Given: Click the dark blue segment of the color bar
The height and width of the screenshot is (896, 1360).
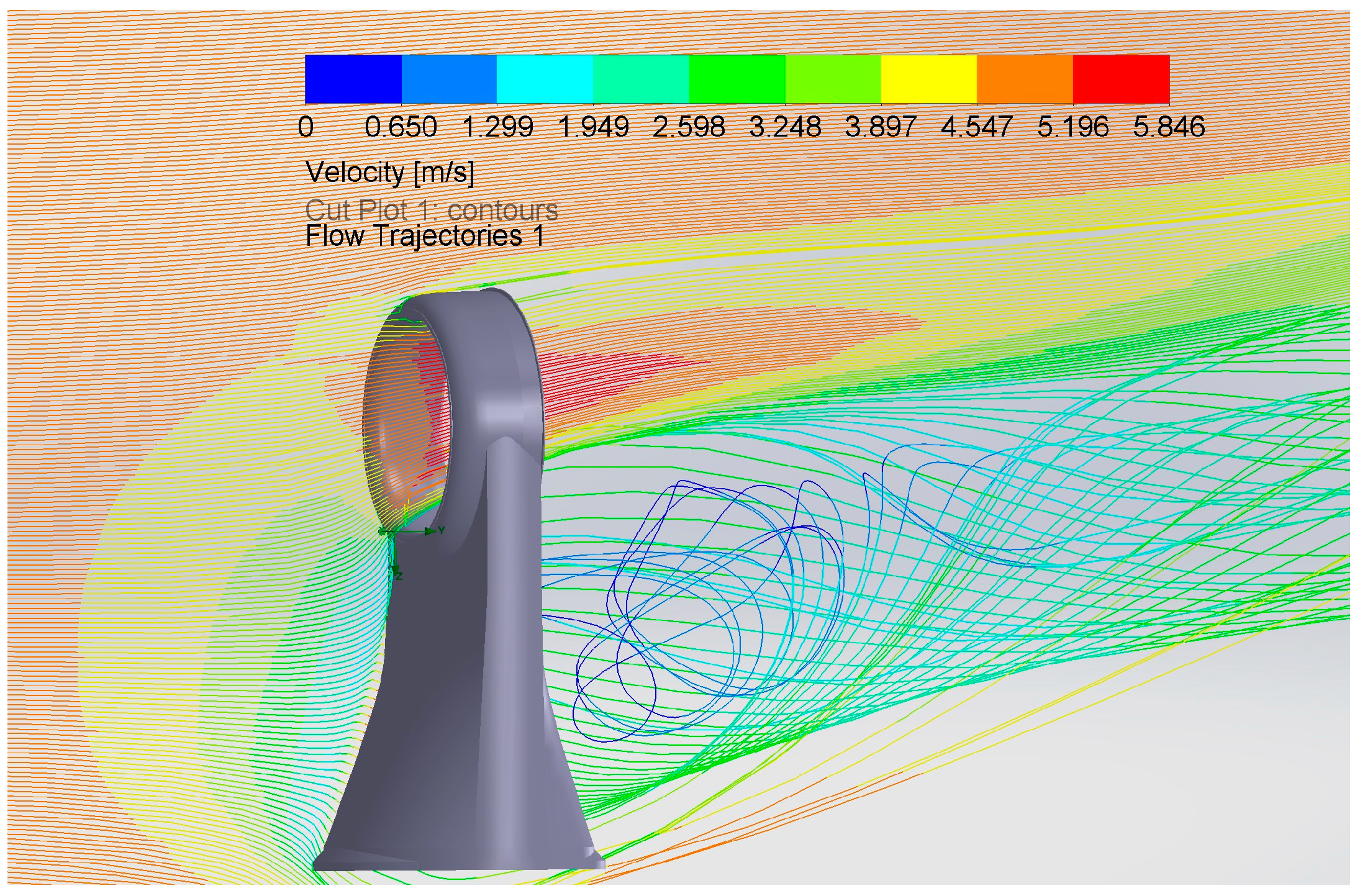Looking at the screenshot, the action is coord(353,79).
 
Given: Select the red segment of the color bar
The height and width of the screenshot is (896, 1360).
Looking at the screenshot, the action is coord(1122,79).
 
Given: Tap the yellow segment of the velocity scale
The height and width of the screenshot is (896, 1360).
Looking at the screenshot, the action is coord(929,79).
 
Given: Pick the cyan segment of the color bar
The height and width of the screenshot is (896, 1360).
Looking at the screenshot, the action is coord(545,79).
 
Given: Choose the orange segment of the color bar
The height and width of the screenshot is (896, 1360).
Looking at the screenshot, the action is coord(1025,79).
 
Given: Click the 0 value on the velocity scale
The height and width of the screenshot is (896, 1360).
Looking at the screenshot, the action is coord(306,127).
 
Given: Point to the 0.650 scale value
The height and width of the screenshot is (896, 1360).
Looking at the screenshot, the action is coord(401,127).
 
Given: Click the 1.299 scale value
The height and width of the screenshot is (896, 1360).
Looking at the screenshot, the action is coord(498,127).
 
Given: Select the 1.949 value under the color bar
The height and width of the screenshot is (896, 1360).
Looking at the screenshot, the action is coord(594,127).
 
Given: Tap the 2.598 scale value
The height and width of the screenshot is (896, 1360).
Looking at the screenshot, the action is coord(689,127).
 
